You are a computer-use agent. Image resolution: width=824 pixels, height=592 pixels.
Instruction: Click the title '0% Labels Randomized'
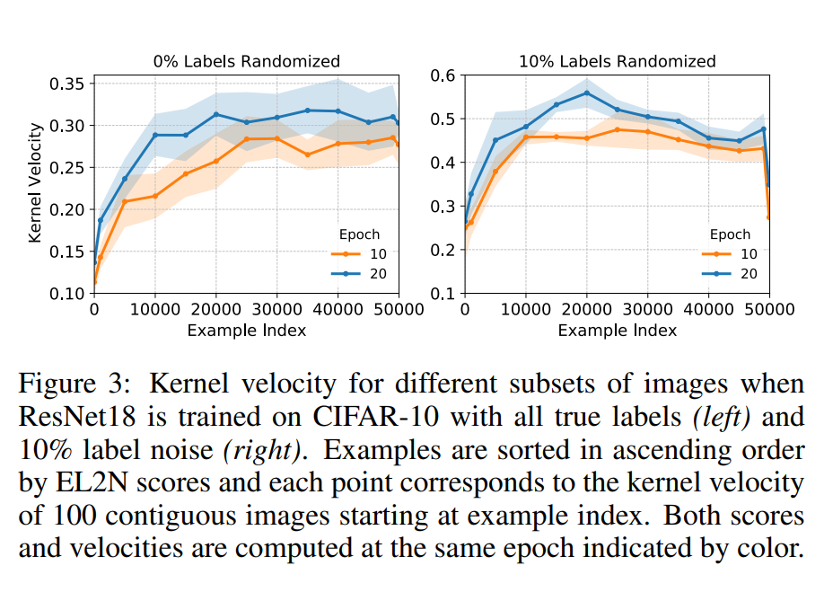click(245, 61)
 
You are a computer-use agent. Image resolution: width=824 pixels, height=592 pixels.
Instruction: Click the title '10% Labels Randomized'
click(617, 61)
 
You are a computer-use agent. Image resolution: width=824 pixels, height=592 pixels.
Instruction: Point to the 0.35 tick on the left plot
click(68, 84)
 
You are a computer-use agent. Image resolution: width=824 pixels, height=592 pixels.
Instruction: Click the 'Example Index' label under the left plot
click(246, 331)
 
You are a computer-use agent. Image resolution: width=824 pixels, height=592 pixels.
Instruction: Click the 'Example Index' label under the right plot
click(617, 331)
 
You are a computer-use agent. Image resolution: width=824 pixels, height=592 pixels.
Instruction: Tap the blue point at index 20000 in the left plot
click(216, 114)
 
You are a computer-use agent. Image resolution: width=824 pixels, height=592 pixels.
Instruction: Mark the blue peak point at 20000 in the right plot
click(587, 93)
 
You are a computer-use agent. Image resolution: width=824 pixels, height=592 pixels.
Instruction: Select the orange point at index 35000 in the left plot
click(307, 155)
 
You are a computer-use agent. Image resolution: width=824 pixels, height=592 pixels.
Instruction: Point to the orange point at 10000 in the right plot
click(526, 137)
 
